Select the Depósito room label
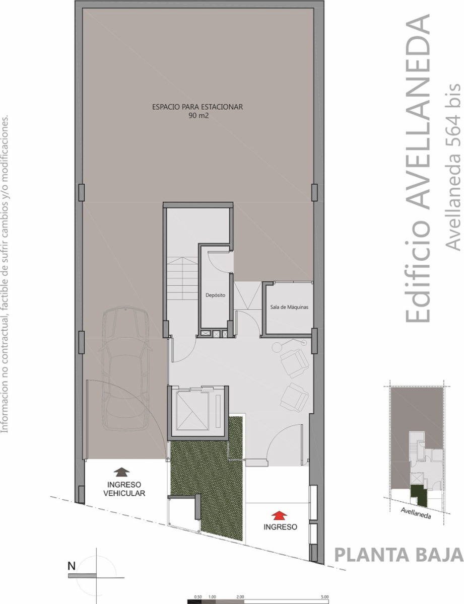[x=215, y=295]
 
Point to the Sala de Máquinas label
[x=289, y=307]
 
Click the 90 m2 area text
[x=198, y=116]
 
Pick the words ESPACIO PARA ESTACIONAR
[x=197, y=107]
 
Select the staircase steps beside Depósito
[x=182, y=278]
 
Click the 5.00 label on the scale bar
[x=324, y=597]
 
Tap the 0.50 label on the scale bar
[x=198, y=597]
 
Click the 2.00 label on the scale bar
[x=240, y=597]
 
